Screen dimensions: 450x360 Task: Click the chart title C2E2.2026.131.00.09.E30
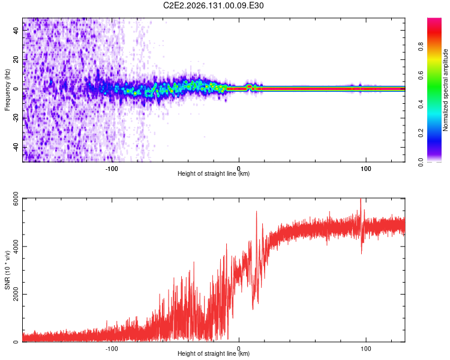[213, 5]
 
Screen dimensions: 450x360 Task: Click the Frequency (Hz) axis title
[7, 90]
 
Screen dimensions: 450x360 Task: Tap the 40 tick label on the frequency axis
[16, 31]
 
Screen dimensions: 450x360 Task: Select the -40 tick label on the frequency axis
[16, 148]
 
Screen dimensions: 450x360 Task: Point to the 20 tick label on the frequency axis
[16, 60]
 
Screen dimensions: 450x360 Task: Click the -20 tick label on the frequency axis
[16, 119]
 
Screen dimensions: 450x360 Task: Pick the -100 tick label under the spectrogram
[112, 169]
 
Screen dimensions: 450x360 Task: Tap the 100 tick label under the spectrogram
[366, 169]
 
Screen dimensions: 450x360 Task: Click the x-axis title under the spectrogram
[214, 173]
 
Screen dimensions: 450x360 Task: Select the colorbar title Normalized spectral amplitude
[445, 90]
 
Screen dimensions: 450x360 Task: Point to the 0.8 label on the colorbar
[421, 46]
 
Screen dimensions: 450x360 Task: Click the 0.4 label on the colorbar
[421, 104]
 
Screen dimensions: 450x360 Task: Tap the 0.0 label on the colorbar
[421, 162]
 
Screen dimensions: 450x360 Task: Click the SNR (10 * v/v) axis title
[7, 270]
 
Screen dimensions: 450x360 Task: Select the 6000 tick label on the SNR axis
[16, 199]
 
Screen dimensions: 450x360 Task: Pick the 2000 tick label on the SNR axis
[16, 294]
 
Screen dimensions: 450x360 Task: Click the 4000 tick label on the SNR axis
[16, 247]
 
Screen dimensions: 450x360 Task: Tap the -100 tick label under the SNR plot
[112, 349]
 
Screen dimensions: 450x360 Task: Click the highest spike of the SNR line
[361, 199]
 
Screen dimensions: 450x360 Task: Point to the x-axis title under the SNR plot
[214, 353]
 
